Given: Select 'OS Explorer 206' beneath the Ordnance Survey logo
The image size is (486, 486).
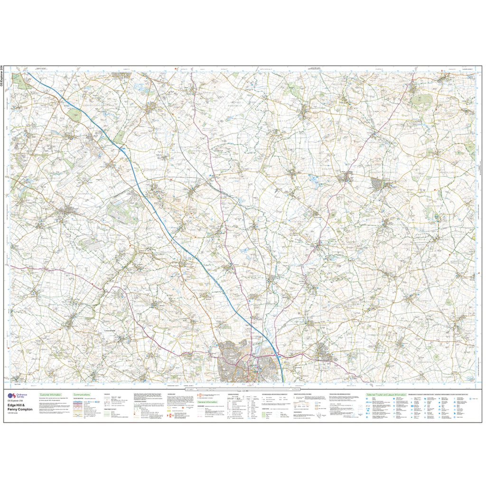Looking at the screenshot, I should click(x=18, y=402).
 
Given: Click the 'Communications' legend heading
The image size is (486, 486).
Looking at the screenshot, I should click(x=82, y=394).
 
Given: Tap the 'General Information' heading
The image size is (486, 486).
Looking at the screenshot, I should click(x=208, y=402).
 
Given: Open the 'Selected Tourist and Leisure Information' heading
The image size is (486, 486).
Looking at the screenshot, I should click(x=385, y=394).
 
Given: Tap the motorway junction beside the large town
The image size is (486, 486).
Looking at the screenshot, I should click(x=277, y=354).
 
